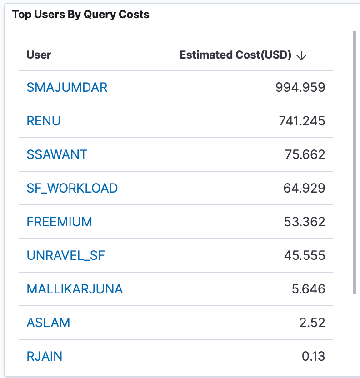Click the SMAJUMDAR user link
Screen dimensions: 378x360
(x=67, y=87)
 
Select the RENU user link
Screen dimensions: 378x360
(x=44, y=121)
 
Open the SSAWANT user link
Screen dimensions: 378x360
(x=57, y=154)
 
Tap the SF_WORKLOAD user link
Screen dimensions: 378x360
(x=72, y=188)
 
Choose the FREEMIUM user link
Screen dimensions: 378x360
(x=60, y=222)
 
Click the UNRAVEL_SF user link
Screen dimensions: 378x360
(x=66, y=255)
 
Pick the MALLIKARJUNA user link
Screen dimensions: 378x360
(x=75, y=289)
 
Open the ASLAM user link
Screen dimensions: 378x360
(x=49, y=323)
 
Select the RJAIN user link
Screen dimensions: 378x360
(x=45, y=356)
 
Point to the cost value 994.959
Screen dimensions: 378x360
(x=300, y=87)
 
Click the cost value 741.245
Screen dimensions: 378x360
(x=302, y=121)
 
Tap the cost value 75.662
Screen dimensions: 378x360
(x=305, y=154)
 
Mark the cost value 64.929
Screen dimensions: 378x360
(x=305, y=188)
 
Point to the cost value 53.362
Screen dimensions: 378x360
(x=305, y=222)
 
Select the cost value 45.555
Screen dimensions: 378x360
(x=305, y=255)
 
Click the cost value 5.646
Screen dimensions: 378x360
(x=308, y=289)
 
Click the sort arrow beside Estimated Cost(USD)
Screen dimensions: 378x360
(x=301, y=55)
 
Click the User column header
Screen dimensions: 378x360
(x=39, y=55)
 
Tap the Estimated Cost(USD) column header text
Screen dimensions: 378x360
(x=235, y=55)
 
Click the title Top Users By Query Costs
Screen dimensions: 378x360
(x=81, y=15)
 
